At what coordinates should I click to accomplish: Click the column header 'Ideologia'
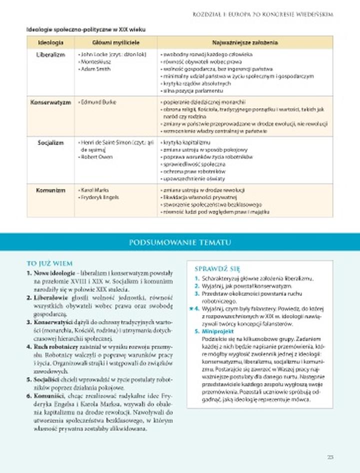click(x=50, y=42)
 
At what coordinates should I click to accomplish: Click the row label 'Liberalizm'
click(x=50, y=54)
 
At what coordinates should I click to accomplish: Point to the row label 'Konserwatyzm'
click(x=50, y=102)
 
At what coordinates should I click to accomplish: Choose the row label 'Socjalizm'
click(x=50, y=142)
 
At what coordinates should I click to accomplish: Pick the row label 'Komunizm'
click(x=50, y=190)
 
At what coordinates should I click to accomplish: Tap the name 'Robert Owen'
click(x=96, y=156)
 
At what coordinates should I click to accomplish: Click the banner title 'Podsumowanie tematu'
click(x=180, y=242)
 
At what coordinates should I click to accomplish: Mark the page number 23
click(x=330, y=456)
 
